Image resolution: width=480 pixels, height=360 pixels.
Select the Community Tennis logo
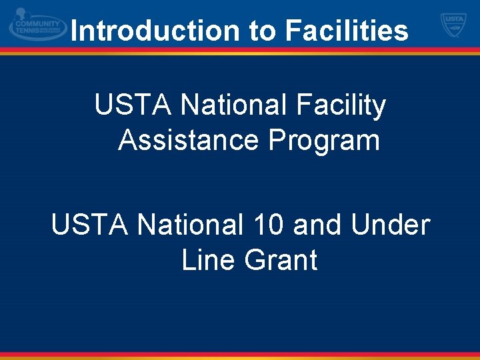(x=38, y=26)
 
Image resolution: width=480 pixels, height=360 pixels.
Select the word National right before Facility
(x=228, y=105)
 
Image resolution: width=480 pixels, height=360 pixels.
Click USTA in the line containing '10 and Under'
(x=90, y=225)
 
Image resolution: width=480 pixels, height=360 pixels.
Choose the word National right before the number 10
(x=185, y=225)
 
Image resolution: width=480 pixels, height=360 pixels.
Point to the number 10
(x=263, y=225)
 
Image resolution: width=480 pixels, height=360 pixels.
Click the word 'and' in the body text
(x=315, y=225)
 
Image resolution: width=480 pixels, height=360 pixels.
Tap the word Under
(x=390, y=225)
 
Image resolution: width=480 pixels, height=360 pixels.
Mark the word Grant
(x=281, y=260)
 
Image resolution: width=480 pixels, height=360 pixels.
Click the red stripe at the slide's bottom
(x=240, y=354)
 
